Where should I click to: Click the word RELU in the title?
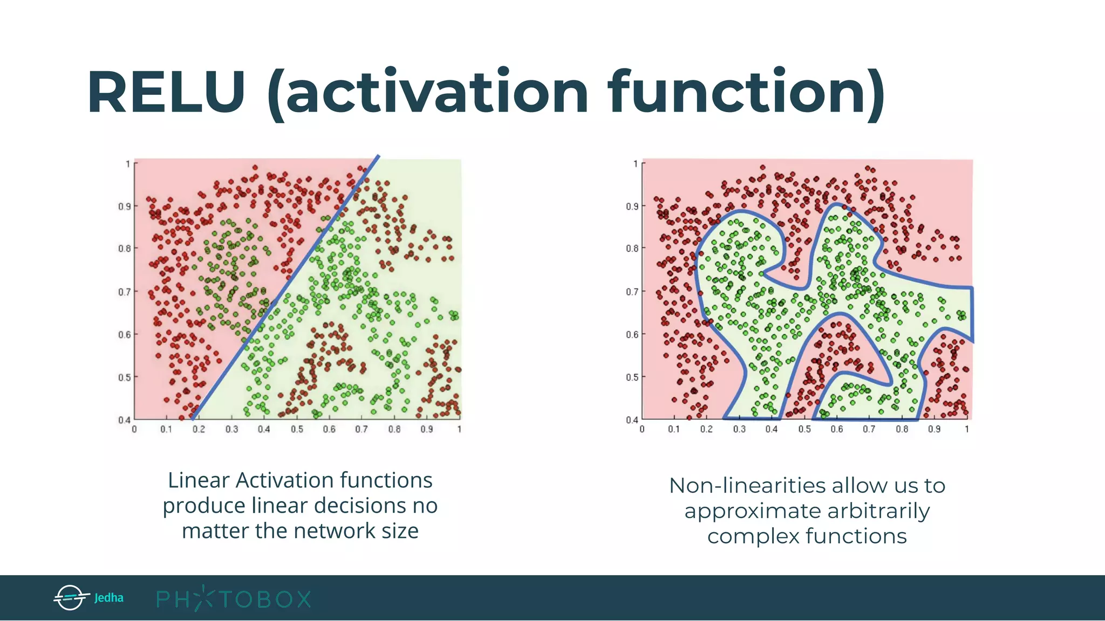tap(166, 93)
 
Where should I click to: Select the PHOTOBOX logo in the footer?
tap(233, 599)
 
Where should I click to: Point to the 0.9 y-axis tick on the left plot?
tap(125, 206)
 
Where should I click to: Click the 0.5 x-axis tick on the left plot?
tap(297, 430)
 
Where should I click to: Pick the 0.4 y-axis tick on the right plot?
tap(632, 419)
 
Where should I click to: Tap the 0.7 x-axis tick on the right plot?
tap(869, 430)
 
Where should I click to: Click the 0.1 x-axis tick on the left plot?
tap(166, 430)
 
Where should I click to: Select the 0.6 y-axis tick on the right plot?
tap(632, 334)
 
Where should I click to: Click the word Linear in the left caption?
tap(199, 480)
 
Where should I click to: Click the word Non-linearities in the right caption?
tap(747, 486)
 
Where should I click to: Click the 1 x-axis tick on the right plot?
tap(967, 430)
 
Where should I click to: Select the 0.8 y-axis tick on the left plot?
tap(125, 249)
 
